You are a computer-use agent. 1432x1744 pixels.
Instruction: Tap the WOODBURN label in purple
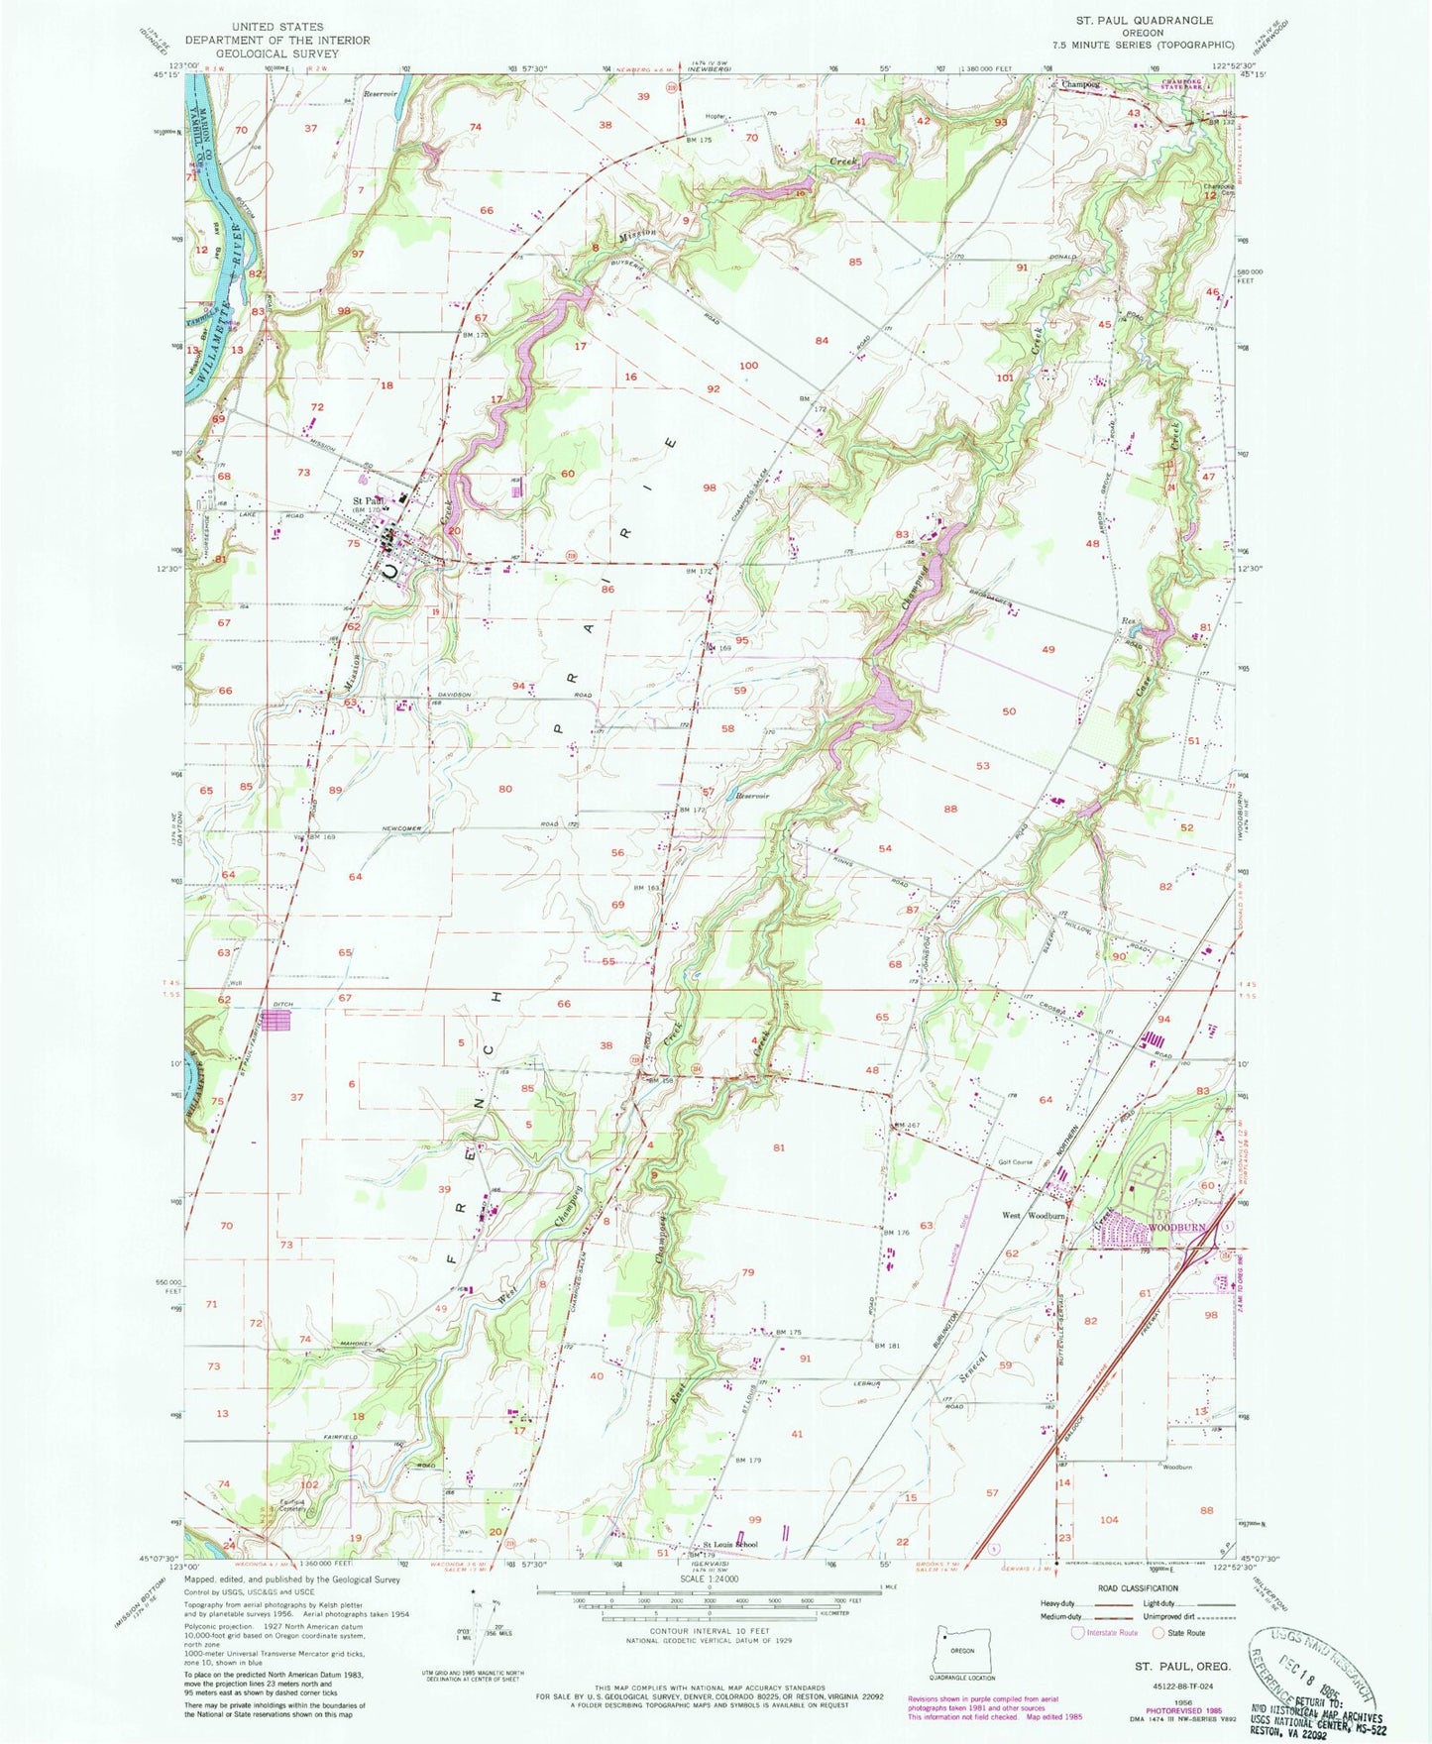tap(1176, 1228)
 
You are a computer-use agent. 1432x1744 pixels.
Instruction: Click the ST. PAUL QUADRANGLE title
tap(1144, 20)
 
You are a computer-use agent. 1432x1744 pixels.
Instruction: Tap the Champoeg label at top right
tap(1081, 84)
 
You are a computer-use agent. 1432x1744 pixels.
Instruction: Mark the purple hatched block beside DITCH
tap(278, 1020)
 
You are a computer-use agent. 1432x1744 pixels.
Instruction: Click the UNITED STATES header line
tap(276, 27)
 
